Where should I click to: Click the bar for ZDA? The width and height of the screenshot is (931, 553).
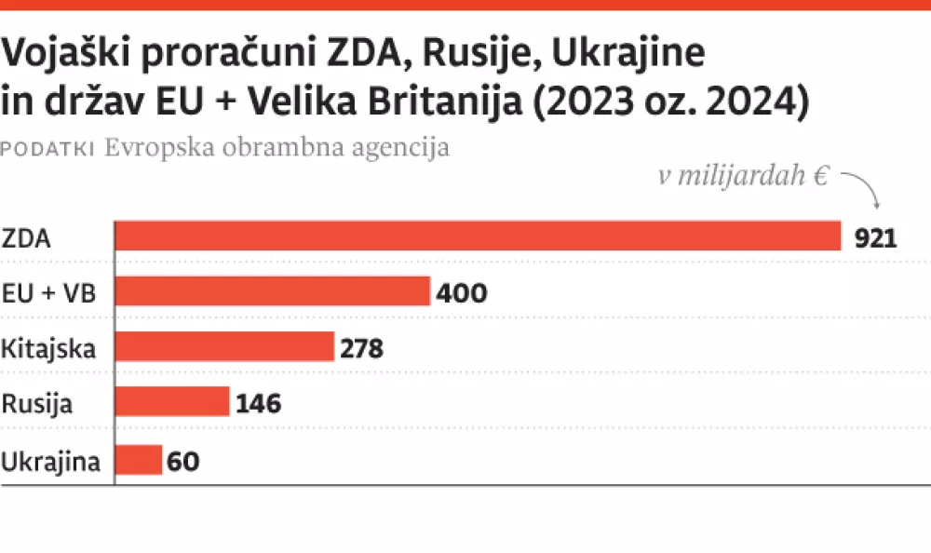[478, 237]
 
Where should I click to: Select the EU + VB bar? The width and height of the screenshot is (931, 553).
[272, 292]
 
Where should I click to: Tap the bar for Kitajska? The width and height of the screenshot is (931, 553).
[223, 348]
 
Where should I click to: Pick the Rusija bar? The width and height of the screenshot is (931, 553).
[171, 403]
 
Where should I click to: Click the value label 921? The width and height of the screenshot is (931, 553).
[875, 238]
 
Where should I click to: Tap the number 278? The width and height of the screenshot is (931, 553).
[361, 349]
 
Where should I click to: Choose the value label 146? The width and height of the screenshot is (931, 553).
[258, 404]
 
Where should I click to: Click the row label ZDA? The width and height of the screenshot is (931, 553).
[26, 238]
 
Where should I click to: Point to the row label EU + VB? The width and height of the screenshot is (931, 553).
[50, 293]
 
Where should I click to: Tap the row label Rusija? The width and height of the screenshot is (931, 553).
[37, 404]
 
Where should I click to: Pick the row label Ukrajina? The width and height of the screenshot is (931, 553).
[50, 461]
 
